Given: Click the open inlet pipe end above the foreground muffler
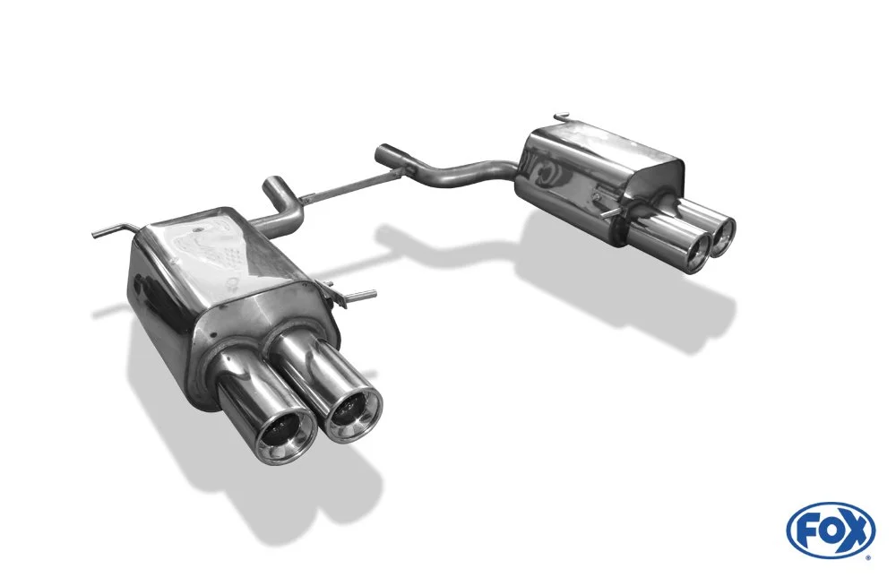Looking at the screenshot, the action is tap(273, 186).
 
